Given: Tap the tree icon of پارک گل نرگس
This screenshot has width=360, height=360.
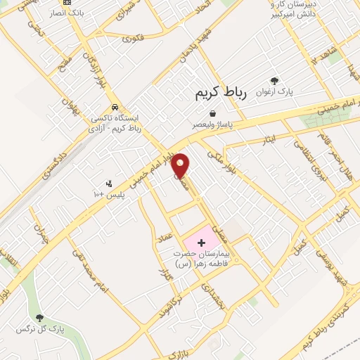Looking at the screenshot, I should click(39, 318).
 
